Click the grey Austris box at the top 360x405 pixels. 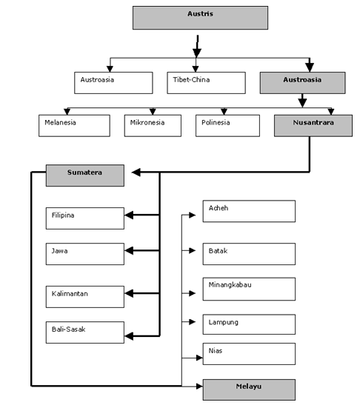200,18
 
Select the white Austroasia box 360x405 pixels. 113,83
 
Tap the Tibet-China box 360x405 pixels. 206,83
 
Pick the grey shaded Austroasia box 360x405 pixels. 303,83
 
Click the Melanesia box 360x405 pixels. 74,126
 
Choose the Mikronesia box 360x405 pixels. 153,126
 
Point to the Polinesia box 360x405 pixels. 227,126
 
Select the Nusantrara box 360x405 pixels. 313,126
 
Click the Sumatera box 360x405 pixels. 85,175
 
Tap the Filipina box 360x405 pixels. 85,218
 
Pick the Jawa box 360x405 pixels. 85,254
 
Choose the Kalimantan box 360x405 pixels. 85,297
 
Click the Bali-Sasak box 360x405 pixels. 85,332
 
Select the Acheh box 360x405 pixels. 249,211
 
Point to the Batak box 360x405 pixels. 249,254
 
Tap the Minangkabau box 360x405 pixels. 249,289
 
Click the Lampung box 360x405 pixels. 249,324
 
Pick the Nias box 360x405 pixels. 249,354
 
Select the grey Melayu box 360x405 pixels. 249,389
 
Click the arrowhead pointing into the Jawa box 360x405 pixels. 129,250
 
